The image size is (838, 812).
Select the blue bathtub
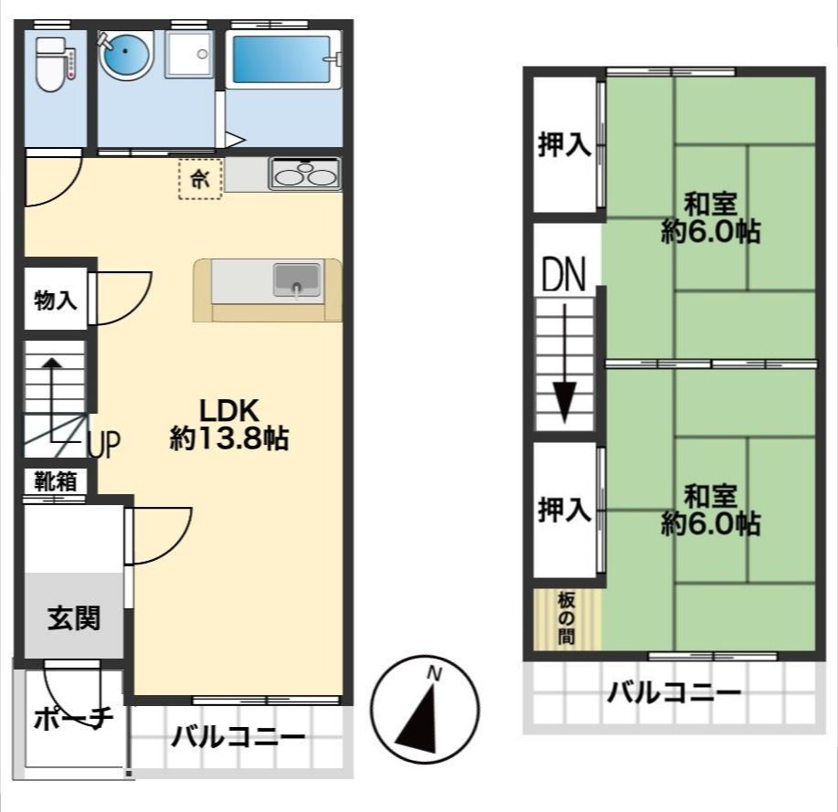281,60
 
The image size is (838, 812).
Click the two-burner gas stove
304,174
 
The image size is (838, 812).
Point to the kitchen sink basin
297,279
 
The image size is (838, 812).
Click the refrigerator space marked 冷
200,178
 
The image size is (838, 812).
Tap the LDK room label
230,410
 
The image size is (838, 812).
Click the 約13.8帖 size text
229,439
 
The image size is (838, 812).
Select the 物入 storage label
55,298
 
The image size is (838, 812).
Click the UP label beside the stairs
105,446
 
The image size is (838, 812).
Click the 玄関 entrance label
73,618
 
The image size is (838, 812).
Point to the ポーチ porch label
73,720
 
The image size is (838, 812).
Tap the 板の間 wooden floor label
567,618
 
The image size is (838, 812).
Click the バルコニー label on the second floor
674,692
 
